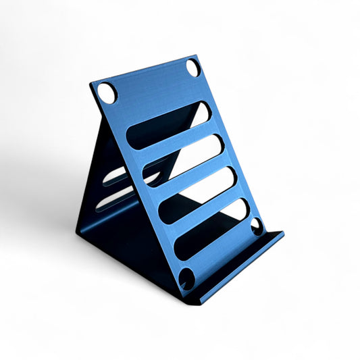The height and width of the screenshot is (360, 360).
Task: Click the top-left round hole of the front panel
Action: [x=107, y=93]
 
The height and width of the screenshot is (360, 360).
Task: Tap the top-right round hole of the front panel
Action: [x=193, y=68]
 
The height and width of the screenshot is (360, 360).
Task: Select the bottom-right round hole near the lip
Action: [x=257, y=226]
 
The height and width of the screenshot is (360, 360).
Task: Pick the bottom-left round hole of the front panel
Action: [x=187, y=278]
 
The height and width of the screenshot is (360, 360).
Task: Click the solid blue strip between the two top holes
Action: [x=150, y=81]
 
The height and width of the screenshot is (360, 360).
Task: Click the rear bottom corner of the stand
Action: [x=78, y=232]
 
